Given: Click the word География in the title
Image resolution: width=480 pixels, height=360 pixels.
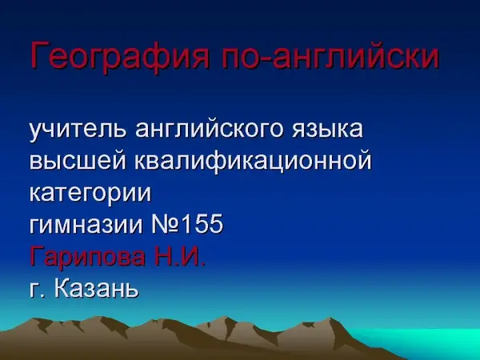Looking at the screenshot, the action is (120, 55).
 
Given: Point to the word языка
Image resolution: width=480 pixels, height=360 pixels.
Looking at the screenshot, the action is (326, 130).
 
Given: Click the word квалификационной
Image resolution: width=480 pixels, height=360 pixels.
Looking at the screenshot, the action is (253, 161).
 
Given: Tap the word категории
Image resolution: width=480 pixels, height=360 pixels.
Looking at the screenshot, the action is (90, 193).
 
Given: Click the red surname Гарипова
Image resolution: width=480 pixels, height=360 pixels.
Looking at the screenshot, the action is (88, 257).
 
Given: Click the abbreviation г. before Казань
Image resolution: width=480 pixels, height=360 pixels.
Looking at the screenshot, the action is (37, 290).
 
